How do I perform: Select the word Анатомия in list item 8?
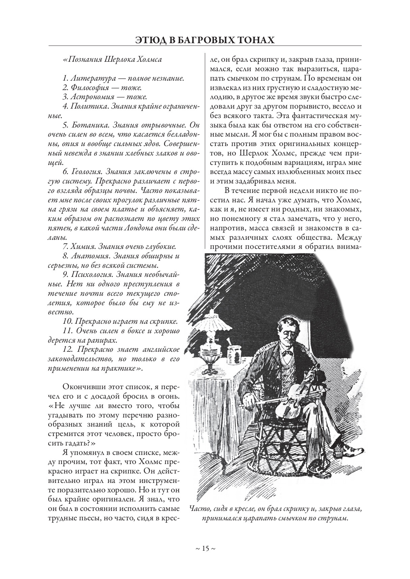(x=89, y=256)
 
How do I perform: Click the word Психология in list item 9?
(x=91, y=274)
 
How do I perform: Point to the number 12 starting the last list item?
(x=67, y=349)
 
